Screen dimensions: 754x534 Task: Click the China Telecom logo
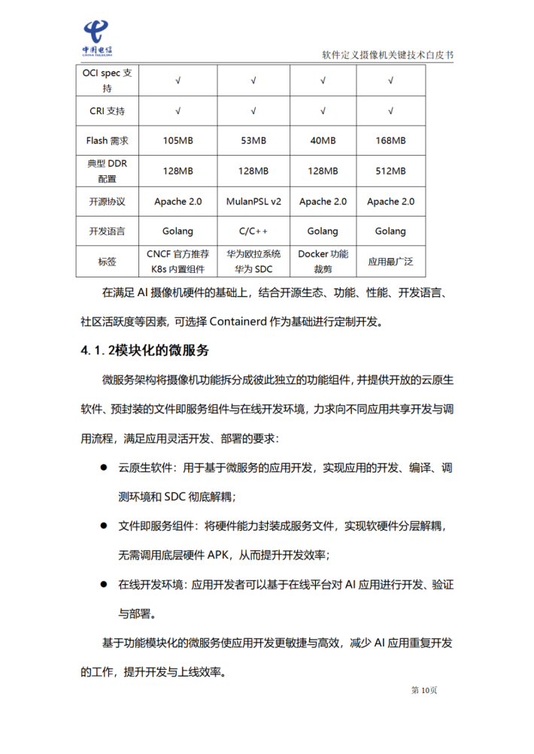97,38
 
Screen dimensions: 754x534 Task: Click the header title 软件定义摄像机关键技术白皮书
387,55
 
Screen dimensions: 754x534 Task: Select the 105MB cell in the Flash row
177,141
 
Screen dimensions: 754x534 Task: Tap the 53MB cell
253,141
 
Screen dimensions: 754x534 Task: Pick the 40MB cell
323,141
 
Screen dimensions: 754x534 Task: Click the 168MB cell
390,141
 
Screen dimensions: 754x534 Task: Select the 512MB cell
390,171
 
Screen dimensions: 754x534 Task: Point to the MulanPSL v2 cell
253,201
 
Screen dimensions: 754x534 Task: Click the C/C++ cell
253,232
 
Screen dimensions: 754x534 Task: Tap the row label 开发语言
108,232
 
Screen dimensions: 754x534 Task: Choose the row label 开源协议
108,201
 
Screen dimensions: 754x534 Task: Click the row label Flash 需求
108,141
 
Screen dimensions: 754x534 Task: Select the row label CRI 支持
108,111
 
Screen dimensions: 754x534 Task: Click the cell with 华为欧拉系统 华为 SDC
253,262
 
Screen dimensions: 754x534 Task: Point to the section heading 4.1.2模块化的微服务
145,351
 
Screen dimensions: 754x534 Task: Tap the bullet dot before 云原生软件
104,468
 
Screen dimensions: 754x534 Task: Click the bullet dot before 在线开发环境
104,583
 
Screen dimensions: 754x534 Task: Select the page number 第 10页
423,690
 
